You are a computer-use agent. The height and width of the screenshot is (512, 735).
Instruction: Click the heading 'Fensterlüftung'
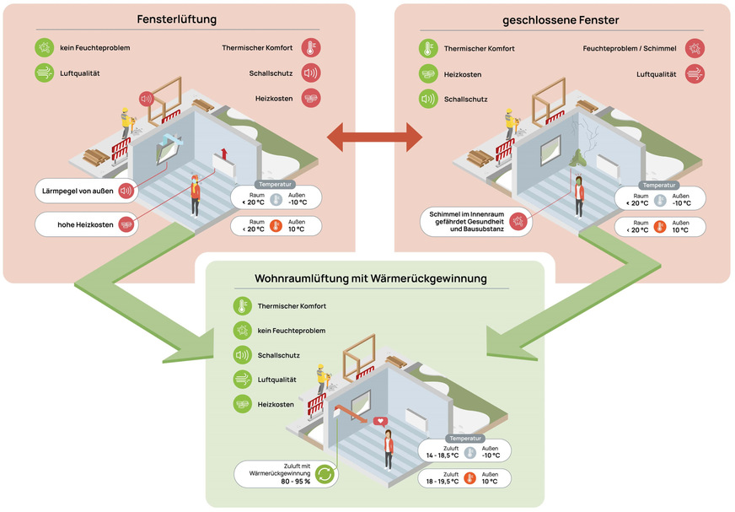(177, 19)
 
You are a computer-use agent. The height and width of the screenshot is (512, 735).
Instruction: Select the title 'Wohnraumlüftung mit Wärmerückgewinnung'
(370, 278)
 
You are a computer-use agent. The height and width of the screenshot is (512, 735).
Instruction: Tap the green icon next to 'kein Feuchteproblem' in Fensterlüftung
(44, 48)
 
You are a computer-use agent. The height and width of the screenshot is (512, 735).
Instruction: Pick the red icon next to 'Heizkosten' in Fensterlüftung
(311, 99)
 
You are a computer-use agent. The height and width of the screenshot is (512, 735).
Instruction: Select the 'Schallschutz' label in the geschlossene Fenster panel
(466, 99)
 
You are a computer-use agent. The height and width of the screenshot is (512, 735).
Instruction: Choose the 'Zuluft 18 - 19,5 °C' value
(443, 478)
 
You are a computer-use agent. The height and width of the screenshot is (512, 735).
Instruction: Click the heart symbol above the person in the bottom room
(381, 420)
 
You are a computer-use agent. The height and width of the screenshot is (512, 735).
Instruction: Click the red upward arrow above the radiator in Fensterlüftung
(225, 153)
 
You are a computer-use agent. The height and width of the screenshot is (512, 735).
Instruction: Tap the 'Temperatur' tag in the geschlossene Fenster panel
(660, 185)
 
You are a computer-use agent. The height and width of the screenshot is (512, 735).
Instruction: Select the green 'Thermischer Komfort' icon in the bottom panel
(243, 306)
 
